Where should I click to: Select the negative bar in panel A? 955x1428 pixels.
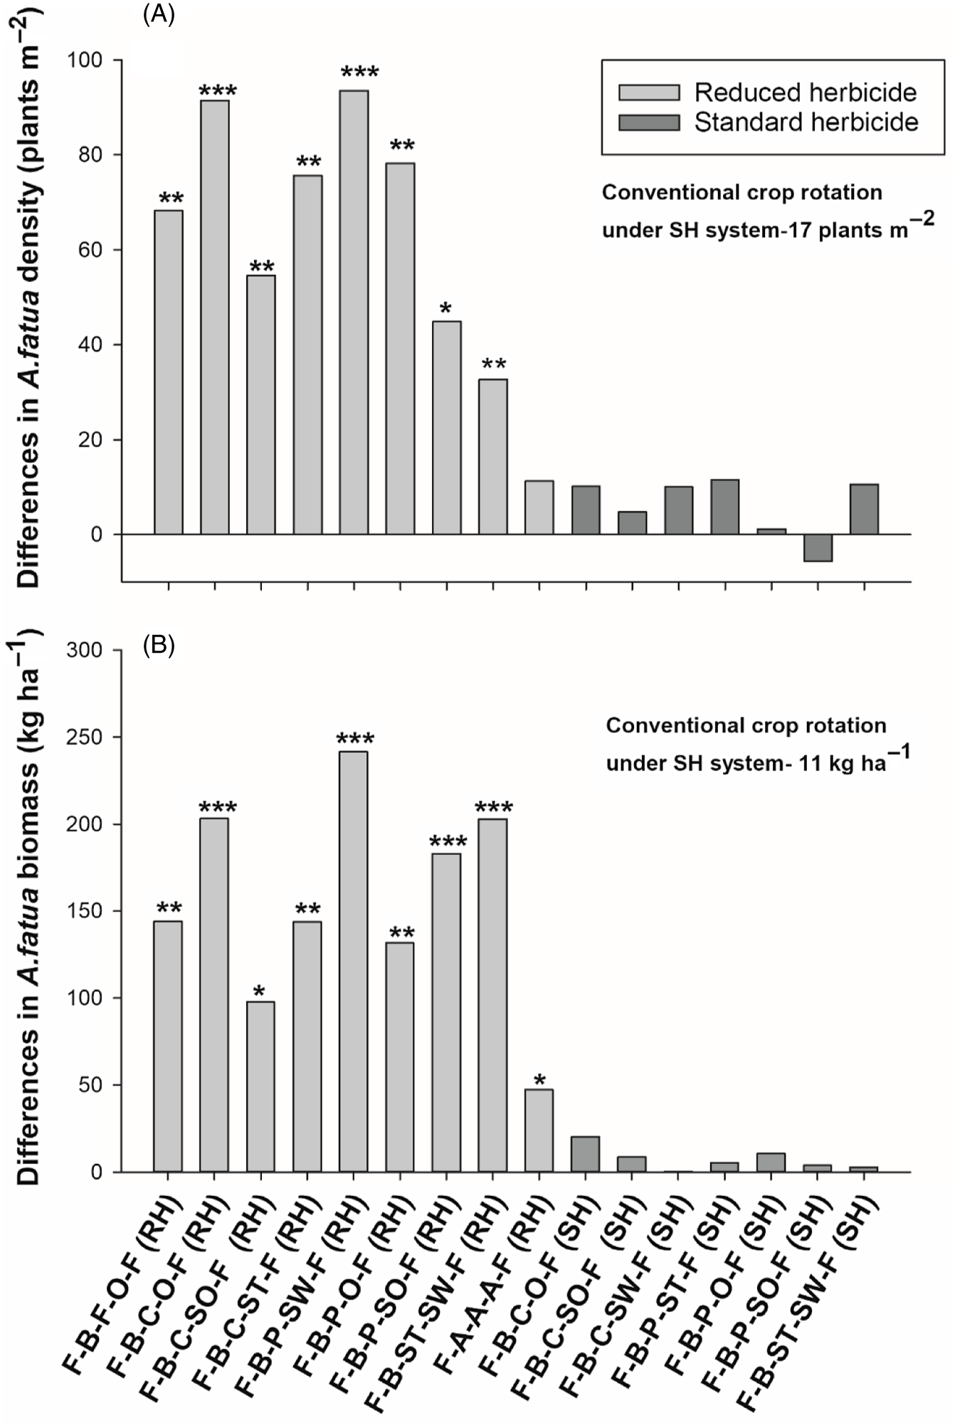818,547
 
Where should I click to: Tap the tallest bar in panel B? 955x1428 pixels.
354,961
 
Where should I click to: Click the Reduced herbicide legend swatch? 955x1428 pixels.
648,93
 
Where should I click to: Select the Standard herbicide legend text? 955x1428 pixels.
806,122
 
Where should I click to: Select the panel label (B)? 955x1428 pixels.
159,646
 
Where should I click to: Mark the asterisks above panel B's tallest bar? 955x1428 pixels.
354,739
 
